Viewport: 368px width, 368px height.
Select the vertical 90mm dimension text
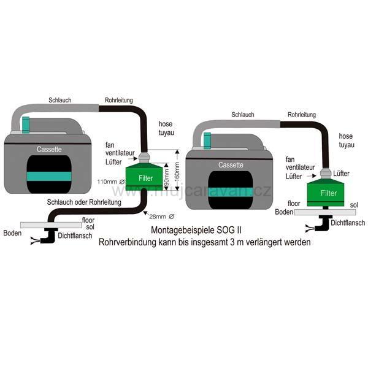click(166, 178)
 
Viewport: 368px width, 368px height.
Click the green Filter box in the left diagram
click(145, 178)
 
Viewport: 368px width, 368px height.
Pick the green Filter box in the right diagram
click(329, 192)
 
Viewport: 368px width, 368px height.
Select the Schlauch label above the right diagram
click(243, 114)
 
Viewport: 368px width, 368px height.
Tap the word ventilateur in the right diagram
click(302, 167)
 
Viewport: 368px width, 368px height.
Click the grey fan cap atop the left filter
click(145, 158)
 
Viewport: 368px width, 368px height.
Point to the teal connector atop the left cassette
click(26, 125)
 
